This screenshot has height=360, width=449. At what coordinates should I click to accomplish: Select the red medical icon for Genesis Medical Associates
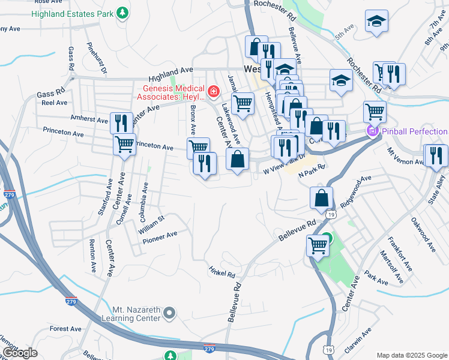point(214,92)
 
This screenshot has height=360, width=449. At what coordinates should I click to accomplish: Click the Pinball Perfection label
point(414,131)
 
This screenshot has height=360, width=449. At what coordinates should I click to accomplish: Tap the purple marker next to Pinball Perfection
point(372,131)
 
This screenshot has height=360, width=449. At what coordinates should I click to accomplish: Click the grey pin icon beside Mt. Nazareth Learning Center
point(170,313)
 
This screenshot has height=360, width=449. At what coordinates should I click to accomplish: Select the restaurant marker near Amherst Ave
point(121,122)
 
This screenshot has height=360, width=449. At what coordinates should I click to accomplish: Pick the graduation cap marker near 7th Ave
point(376,22)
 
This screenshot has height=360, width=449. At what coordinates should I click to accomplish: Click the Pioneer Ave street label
point(160,238)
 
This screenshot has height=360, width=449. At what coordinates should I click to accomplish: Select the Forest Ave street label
point(65,329)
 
